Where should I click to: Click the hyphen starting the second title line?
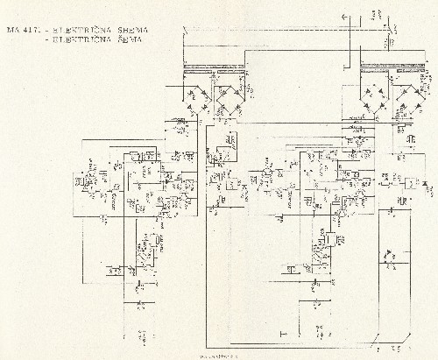(x=47, y=40)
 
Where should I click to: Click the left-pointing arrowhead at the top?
(x=343, y=15)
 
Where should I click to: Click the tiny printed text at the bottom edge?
(x=220, y=356)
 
